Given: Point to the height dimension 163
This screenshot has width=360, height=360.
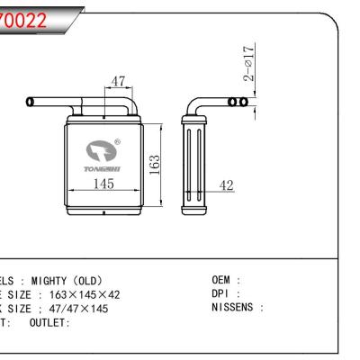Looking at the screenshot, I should click(154, 166).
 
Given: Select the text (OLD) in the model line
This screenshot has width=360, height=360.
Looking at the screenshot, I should click(93, 281).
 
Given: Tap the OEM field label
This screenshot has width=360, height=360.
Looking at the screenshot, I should click(226, 281).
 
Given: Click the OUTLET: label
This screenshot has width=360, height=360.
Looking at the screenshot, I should click(50, 322).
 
